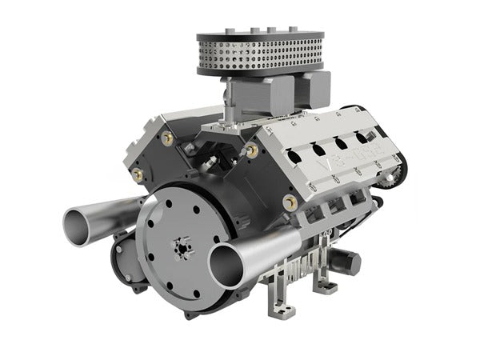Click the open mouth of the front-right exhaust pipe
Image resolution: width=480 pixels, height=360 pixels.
coord(226,264)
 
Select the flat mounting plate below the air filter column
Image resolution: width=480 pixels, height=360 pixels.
coord(228,124)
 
